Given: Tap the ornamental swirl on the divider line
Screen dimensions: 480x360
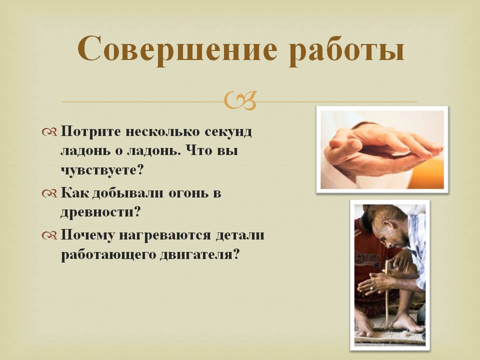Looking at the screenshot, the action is point(240,100).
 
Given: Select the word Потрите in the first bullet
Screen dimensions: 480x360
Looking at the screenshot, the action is point(90,131).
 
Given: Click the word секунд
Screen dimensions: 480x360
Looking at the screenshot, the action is point(228,131).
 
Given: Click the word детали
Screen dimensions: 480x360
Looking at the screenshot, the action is point(240,235).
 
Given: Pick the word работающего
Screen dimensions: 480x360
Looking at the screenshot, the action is point(108,254).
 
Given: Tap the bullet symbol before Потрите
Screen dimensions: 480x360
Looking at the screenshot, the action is point(49,132).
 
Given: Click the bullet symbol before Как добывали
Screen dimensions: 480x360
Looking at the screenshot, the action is point(49,193).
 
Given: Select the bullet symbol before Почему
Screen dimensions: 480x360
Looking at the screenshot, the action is point(49,235).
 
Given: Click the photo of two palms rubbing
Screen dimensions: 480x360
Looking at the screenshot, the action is point(382,149).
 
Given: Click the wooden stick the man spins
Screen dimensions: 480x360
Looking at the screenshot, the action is point(387,294).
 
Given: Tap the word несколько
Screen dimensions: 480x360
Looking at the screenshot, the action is point(162,131).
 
